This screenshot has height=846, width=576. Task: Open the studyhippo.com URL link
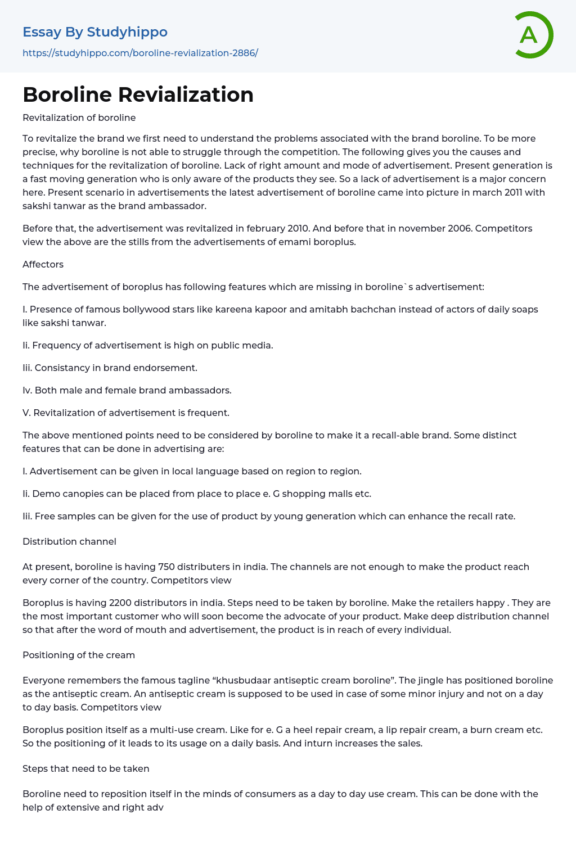[140, 53]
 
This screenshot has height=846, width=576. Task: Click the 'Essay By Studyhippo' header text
[95, 32]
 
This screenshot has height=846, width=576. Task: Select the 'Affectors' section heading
[43, 264]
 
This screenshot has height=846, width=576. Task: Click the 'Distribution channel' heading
[69, 541]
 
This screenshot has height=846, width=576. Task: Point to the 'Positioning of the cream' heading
[79, 655]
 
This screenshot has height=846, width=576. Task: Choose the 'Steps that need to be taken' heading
[85, 768]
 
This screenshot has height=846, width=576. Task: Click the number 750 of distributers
[167, 567]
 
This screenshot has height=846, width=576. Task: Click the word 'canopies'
[76, 494]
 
